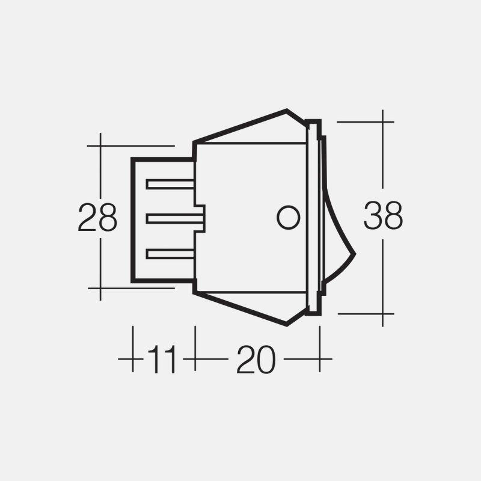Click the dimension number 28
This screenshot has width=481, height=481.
(x=97, y=218)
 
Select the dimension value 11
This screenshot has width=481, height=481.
(x=162, y=360)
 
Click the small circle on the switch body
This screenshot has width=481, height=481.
(x=288, y=218)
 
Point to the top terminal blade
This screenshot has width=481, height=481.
(x=170, y=185)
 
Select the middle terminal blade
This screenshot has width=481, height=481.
(x=170, y=219)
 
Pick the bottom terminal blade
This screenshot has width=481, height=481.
(x=170, y=254)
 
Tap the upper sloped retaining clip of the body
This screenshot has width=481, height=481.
(x=253, y=127)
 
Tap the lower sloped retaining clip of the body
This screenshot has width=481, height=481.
(x=253, y=308)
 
